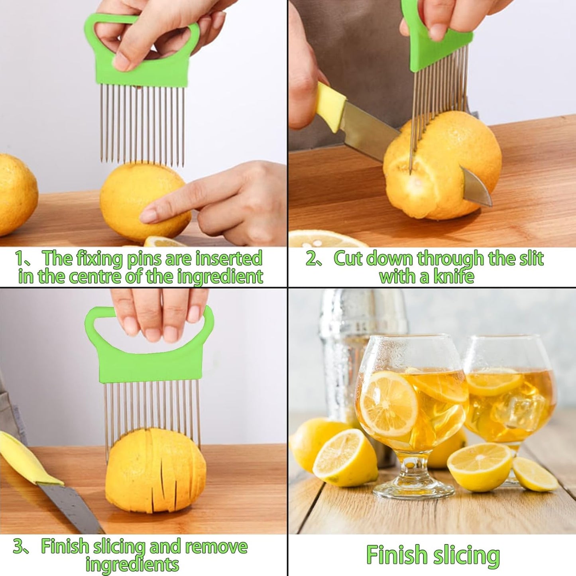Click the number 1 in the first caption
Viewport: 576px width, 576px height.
pyautogui.click(x=20, y=259)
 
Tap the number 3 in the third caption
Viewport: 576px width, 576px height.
pyautogui.click(x=18, y=547)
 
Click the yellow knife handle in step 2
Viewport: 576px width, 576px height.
pyautogui.click(x=331, y=107)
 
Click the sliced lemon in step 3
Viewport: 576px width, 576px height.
pyautogui.click(x=155, y=470)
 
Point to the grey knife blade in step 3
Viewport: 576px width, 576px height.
pyautogui.click(x=72, y=508)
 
